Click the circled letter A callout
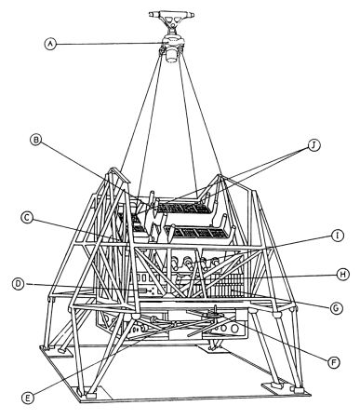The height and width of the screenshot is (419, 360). [x=50, y=44]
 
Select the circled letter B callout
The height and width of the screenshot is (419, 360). [x=36, y=141]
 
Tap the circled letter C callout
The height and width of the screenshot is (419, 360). [x=27, y=218]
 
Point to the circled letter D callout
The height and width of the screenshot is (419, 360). [x=19, y=284]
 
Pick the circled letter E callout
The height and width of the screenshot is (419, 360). [x=28, y=399]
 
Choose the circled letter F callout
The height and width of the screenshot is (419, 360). [x=334, y=362]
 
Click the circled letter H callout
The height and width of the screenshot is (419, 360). [x=343, y=275]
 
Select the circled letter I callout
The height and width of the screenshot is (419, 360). [x=338, y=236]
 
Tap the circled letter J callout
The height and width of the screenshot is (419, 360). [x=314, y=145]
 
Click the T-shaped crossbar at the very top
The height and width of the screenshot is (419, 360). [x=171, y=15]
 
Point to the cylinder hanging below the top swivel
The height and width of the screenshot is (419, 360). [x=172, y=56]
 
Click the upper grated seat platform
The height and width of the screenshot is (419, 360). [x=183, y=207]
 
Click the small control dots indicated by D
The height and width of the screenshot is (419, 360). [x=152, y=291]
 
